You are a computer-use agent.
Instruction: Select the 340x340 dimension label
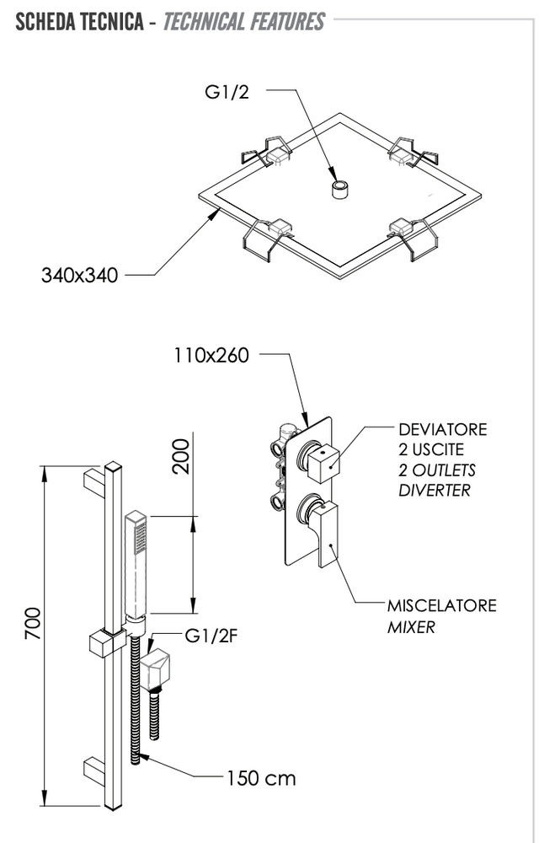(x=80, y=275)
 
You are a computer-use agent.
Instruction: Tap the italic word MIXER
(x=411, y=627)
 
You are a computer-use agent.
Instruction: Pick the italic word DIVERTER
(x=435, y=490)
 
